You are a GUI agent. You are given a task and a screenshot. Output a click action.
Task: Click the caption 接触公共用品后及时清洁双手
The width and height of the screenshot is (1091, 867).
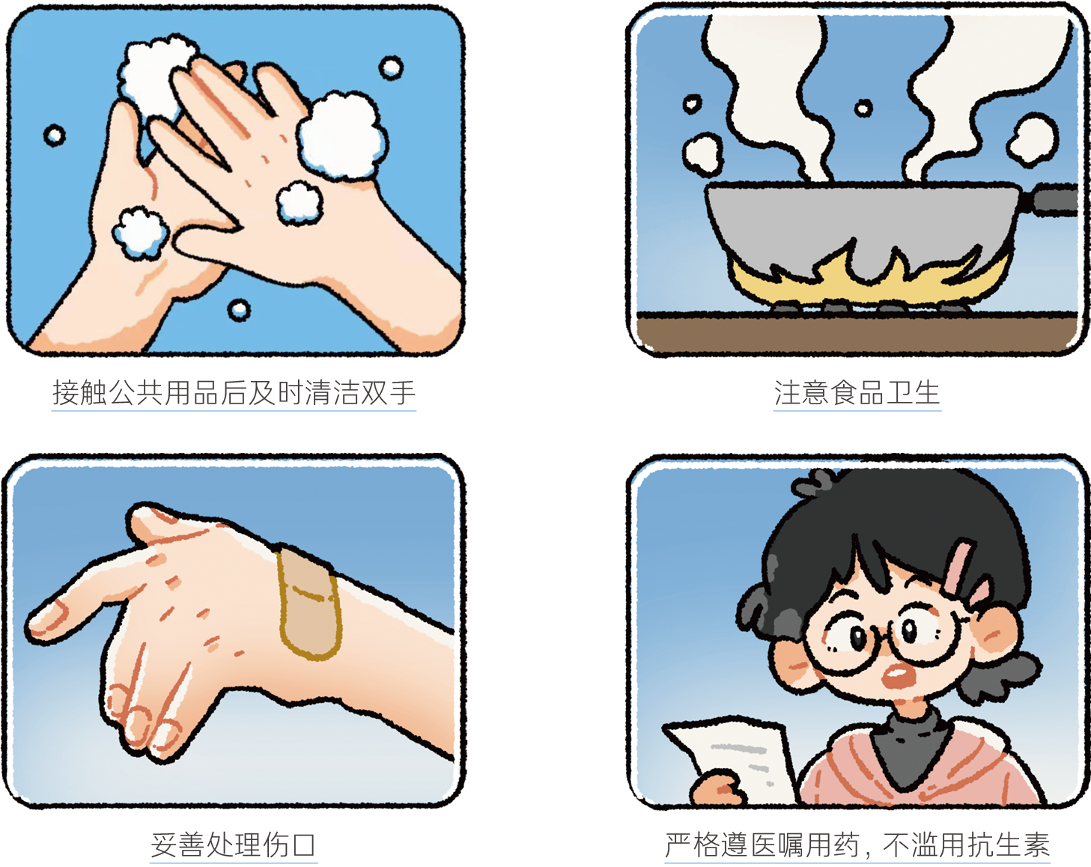pos(234,392)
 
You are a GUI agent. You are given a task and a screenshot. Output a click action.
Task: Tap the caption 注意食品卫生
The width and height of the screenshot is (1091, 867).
pos(857,392)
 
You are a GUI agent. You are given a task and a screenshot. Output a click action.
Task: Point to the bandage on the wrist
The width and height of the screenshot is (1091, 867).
pos(309,604)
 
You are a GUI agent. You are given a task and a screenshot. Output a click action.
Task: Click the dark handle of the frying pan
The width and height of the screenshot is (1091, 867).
pos(1052,199)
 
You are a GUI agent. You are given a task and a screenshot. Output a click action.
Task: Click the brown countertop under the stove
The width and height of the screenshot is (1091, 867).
pos(857,332)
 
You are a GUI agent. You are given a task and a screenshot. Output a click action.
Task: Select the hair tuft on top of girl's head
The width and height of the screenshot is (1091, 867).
pos(814,484)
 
